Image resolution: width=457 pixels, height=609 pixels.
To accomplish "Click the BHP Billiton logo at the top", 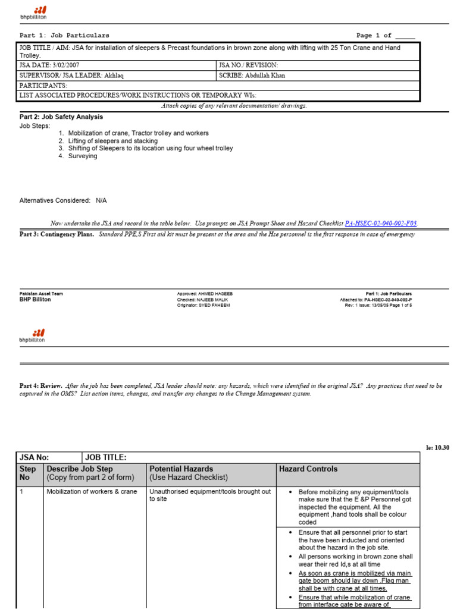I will pyautogui.click(x=33, y=12).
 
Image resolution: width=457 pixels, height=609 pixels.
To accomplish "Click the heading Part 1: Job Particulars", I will pyautogui.click(x=64, y=36).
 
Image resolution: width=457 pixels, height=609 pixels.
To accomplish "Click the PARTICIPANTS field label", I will pyautogui.click(x=43, y=86).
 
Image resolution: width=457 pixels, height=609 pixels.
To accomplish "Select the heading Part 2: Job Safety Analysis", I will pyautogui.click(x=61, y=117).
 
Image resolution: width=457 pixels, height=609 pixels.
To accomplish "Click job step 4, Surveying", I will pyautogui.click(x=82, y=156).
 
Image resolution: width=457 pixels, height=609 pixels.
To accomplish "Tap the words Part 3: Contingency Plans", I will pyautogui.click(x=57, y=234).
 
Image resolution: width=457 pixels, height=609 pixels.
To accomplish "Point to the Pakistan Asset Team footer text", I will pyautogui.click(x=41, y=294).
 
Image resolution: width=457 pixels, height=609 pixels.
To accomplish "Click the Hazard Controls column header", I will pyautogui.click(x=308, y=469).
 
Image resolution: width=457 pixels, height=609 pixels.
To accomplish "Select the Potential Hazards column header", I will pyautogui.click(x=181, y=469).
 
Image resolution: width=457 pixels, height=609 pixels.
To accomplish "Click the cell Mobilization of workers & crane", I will pyautogui.click(x=92, y=492).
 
